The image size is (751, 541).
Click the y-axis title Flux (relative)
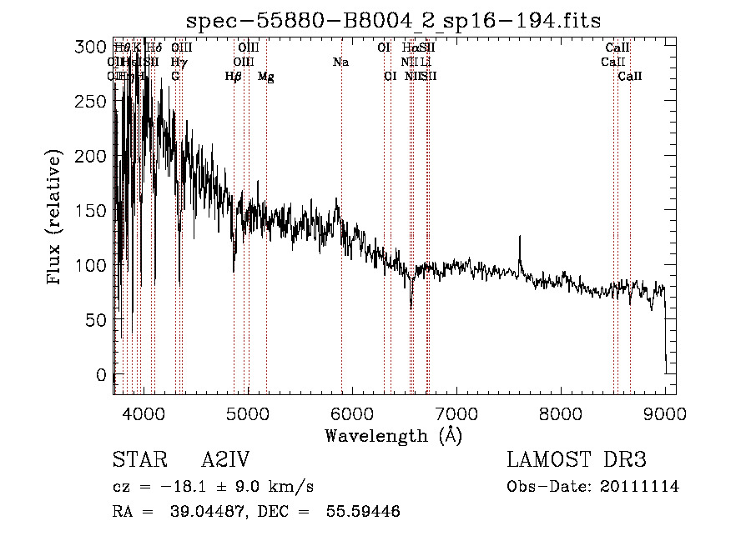click(x=56, y=218)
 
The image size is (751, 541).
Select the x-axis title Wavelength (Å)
click(x=393, y=435)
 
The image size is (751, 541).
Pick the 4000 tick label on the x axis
click(x=143, y=413)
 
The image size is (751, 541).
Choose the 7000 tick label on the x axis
click(x=456, y=413)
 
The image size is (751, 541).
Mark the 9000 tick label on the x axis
click(x=665, y=413)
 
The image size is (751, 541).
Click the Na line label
click(x=340, y=63)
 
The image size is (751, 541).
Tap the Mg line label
click(x=266, y=77)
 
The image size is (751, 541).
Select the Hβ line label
click(x=234, y=77)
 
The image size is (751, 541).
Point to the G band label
click(x=175, y=77)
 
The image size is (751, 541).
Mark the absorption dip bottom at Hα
click(x=411, y=306)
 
